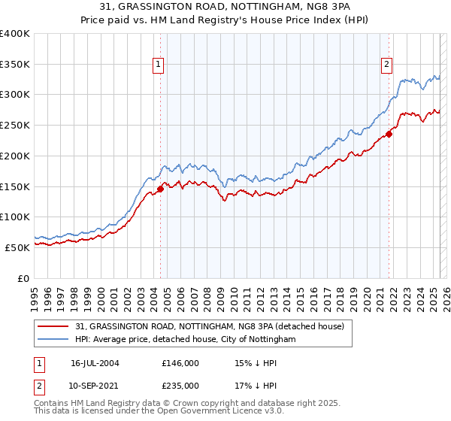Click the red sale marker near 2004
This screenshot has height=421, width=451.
tap(160, 189)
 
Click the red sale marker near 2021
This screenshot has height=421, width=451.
tap(389, 135)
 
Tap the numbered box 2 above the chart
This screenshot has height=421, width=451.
tap(387, 65)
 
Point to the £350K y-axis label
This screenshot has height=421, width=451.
tap(15, 65)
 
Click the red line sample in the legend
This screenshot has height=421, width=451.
tap(53, 326)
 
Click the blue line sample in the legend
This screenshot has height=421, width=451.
tap(53, 340)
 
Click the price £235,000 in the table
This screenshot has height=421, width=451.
tap(180, 385)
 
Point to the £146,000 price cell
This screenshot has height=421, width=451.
tap(180, 362)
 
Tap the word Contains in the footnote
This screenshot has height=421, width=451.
tap(51, 404)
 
